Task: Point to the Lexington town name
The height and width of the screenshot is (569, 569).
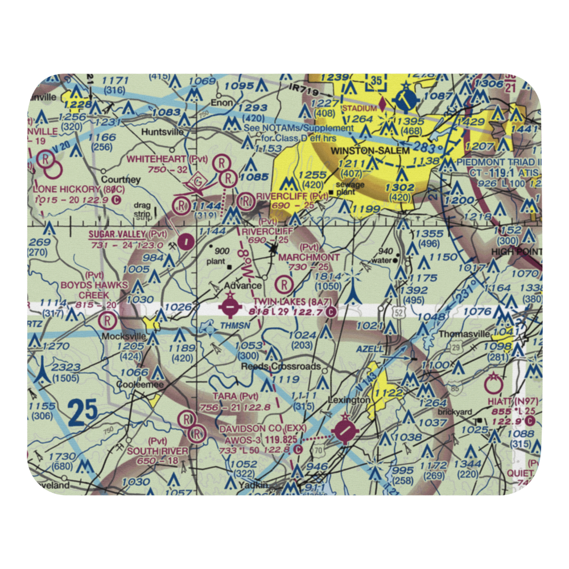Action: [349, 400]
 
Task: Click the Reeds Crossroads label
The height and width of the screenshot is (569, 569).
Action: [281, 366]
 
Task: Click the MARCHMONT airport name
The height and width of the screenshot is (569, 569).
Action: [310, 257]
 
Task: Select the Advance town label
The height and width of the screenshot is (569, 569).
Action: [243, 286]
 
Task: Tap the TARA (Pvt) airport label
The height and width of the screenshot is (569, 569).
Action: [235, 395]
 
